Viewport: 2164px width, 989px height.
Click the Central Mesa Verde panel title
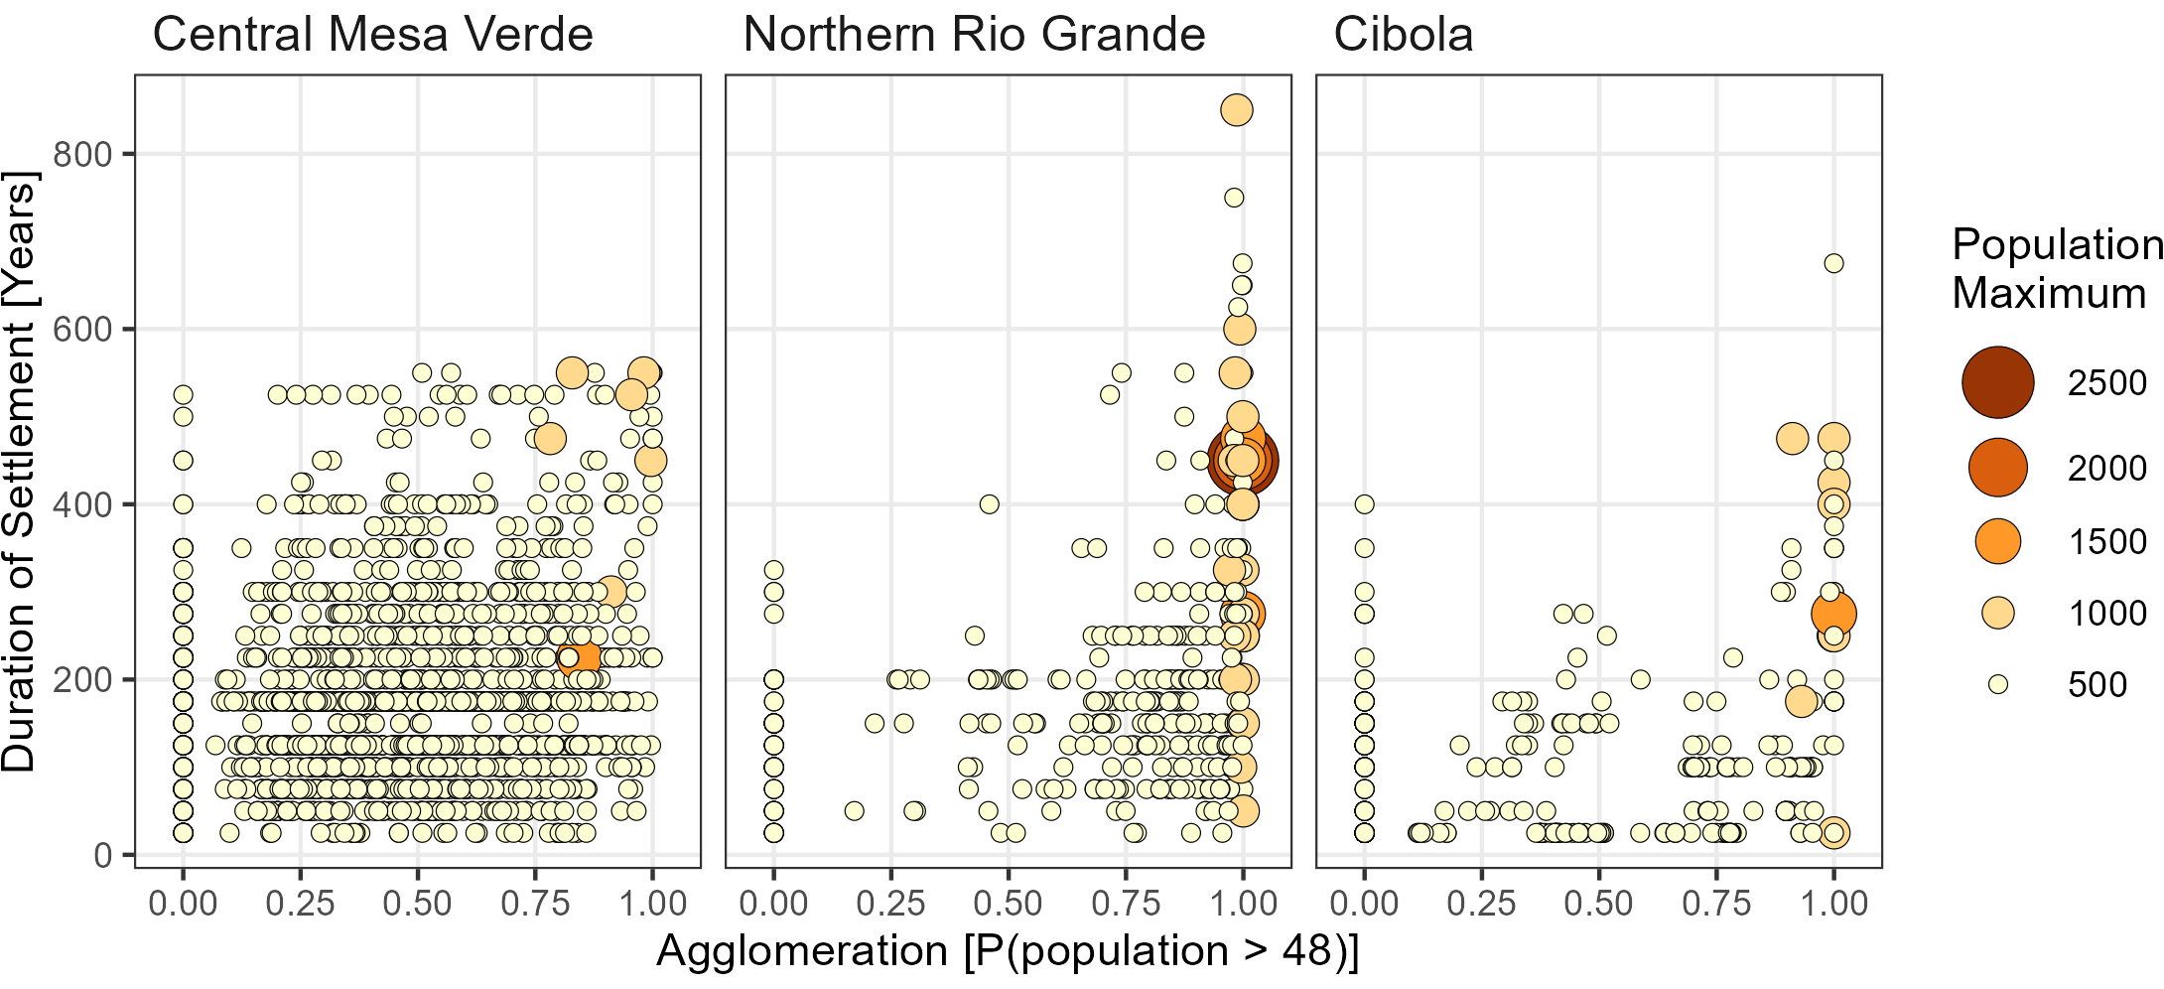point(372,35)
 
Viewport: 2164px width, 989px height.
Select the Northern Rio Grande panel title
point(974,35)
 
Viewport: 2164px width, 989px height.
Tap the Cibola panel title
point(1403,35)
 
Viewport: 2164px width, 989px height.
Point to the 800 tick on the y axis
point(82,154)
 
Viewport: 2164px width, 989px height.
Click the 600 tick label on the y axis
point(82,330)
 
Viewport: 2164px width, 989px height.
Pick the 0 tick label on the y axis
point(102,855)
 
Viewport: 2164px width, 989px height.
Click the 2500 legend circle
point(1997,382)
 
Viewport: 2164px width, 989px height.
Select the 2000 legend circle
point(1997,467)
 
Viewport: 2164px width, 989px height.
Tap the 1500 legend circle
point(1997,541)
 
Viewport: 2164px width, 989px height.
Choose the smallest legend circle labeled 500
point(1997,684)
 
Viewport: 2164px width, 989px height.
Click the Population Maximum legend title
point(2055,269)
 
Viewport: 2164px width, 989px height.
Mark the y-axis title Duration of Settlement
point(20,472)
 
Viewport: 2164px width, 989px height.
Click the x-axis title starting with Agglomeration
point(1007,951)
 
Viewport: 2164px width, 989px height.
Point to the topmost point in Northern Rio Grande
point(1236,109)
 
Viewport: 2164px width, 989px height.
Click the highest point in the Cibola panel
point(1833,263)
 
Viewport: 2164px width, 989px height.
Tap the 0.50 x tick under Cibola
point(1599,904)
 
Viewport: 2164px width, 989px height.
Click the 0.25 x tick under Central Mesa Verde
point(300,904)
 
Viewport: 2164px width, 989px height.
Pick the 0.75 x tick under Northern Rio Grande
point(1127,904)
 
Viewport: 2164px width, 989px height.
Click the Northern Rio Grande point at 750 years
point(1234,198)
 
